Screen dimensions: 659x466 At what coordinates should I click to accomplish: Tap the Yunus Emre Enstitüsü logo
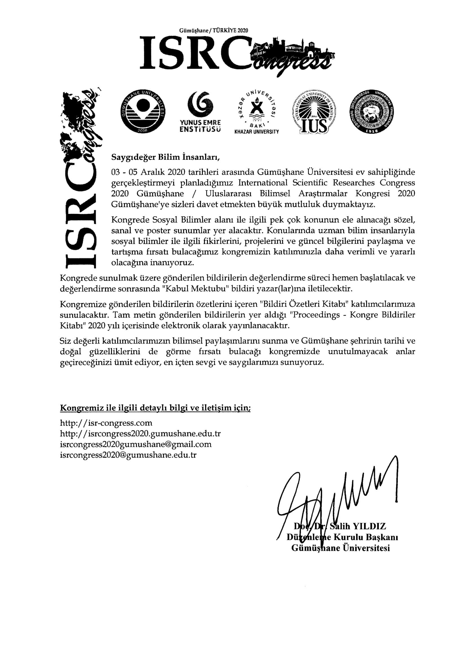(x=200, y=112)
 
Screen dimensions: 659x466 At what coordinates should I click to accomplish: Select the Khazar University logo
(x=257, y=112)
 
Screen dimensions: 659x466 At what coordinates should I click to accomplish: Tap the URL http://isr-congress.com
(x=106, y=423)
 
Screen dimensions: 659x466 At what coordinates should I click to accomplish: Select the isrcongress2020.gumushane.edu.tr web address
(x=140, y=434)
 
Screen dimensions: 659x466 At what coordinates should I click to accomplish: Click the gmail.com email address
(x=136, y=444)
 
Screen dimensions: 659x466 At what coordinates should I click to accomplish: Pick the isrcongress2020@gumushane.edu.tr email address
(x=128, y=455)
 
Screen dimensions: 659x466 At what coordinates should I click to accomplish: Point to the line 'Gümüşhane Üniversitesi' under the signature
(x=341, y=548)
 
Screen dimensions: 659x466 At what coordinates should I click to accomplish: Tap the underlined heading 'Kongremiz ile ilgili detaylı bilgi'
(x=155, y=408)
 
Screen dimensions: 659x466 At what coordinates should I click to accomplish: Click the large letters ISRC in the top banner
(x=195, y=53)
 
